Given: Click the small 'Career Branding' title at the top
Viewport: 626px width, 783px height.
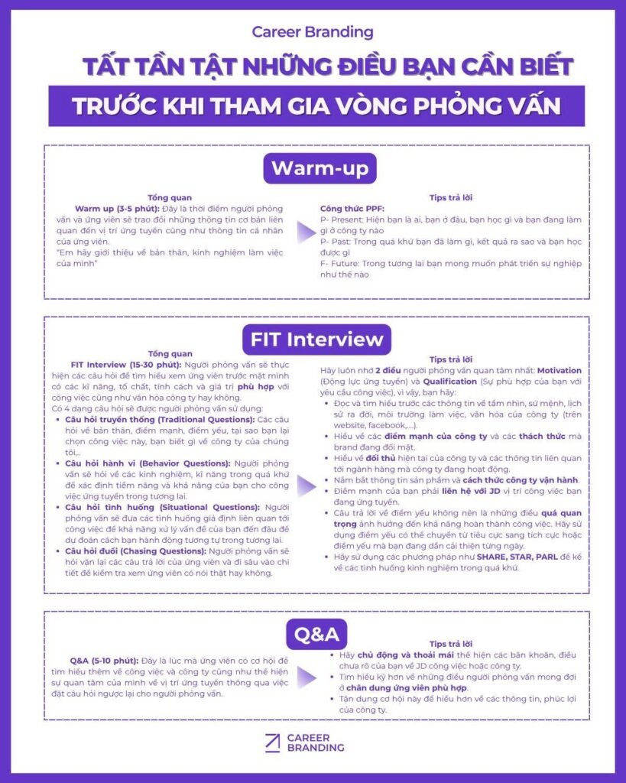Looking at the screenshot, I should tap(313, 32).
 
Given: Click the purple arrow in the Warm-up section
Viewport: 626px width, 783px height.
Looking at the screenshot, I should tap(305, 233).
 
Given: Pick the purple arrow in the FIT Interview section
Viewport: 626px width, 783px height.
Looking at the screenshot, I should tap(305, 484).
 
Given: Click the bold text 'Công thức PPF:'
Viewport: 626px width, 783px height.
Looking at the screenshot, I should tap(352, 208).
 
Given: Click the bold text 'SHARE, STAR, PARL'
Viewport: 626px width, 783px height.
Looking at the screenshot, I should tap(516, 557).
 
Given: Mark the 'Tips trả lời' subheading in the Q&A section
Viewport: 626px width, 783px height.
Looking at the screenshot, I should tap(450, 645).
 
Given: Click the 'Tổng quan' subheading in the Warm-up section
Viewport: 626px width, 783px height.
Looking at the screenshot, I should tap(170, 197).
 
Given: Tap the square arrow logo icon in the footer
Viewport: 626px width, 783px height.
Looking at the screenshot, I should tap(271, 742).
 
